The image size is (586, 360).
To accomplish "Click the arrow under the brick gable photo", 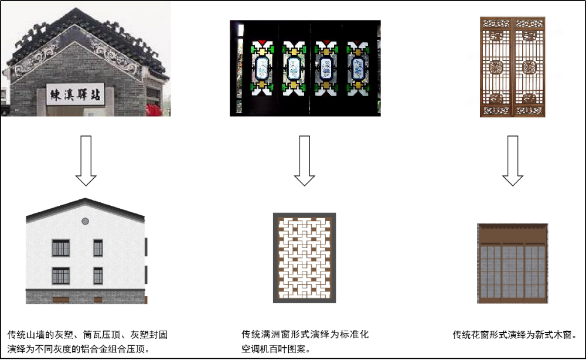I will (86, 161).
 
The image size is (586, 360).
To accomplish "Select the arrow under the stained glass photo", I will (304, 161).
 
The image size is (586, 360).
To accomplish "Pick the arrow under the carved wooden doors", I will (513, 161).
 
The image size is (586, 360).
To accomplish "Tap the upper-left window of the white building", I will (60, 248).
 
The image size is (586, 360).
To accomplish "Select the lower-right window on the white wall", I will (98, 276).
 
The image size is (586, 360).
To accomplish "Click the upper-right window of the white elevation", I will (98, 248).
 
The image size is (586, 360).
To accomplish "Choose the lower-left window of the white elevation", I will (60, 276).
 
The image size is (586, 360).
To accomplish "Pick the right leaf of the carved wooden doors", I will (529, 67).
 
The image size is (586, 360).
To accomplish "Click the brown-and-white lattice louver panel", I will (304, 258).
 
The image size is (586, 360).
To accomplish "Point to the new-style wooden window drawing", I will (513, 263).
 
